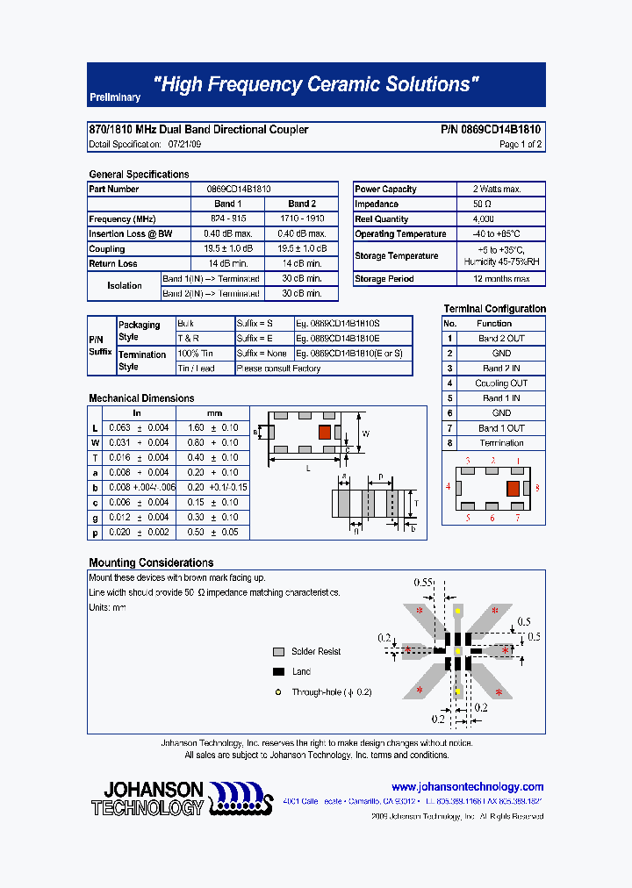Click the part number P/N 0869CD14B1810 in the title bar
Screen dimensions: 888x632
pos(491,130)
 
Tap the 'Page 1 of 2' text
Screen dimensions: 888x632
pos(521,145)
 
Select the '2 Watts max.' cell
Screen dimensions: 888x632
pos(496,190)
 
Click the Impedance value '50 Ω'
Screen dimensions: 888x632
pos(496,204)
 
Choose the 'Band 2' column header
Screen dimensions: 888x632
pos(302,204)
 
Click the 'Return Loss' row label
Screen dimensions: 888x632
pos(113,263)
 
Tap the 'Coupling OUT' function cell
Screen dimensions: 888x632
pos(501,383)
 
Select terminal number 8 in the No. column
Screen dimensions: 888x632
pos(449,443)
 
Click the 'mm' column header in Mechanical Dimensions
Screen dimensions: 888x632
pos(214,412)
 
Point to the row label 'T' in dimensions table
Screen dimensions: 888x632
pos(95,457)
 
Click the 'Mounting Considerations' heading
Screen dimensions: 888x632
pos(151,562)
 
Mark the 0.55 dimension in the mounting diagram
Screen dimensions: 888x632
pos(424,583)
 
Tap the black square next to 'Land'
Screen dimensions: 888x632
pos(278,672)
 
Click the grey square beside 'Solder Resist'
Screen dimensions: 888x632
pos(278,652)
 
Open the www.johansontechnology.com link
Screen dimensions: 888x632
pos(467,787)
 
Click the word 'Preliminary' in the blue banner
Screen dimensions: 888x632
pos(115,98)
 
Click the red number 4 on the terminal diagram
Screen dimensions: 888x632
pos(448,486)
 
